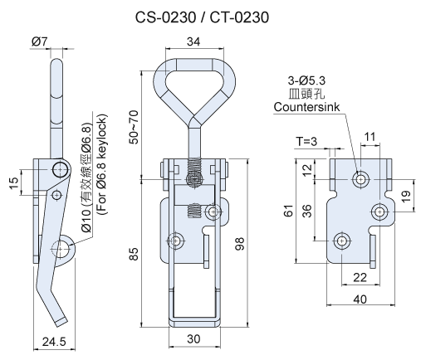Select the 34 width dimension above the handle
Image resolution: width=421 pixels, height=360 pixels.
click(193, 41)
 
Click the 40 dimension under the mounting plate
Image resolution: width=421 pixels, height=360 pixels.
click(359, 301)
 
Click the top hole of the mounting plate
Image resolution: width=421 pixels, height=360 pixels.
click(361, 178)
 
